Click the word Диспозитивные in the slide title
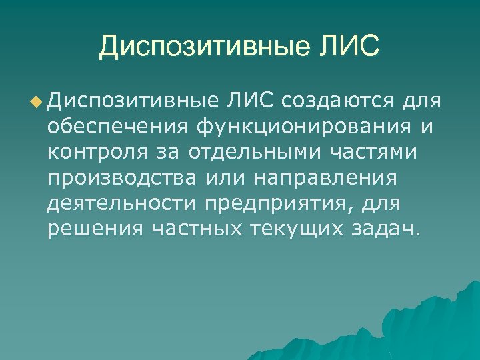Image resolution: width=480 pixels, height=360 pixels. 203,47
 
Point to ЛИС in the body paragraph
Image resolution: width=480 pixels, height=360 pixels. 250,101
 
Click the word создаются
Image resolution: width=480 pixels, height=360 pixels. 338,101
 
